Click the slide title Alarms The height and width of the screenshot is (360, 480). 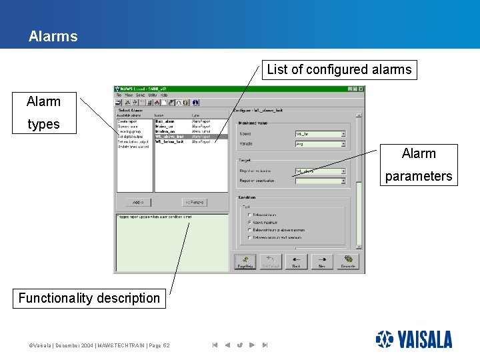53,37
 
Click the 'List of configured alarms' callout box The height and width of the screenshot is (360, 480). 339,69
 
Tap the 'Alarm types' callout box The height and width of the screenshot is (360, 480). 44,113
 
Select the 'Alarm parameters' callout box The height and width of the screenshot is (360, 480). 419,165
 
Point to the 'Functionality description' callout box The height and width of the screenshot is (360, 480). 89,298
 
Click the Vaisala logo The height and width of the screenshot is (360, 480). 414,339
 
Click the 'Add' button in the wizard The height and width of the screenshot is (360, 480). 138,202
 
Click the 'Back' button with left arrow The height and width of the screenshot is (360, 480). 296,261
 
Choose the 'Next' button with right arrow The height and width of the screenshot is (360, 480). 321,261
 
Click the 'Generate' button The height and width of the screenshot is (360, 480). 347,261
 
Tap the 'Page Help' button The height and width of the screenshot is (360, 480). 245,261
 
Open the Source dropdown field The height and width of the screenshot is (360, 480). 321,133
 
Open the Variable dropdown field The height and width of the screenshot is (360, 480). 321,143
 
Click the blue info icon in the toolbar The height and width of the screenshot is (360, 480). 195,103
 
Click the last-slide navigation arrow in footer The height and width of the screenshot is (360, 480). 265,345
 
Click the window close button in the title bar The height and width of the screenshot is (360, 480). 361,89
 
